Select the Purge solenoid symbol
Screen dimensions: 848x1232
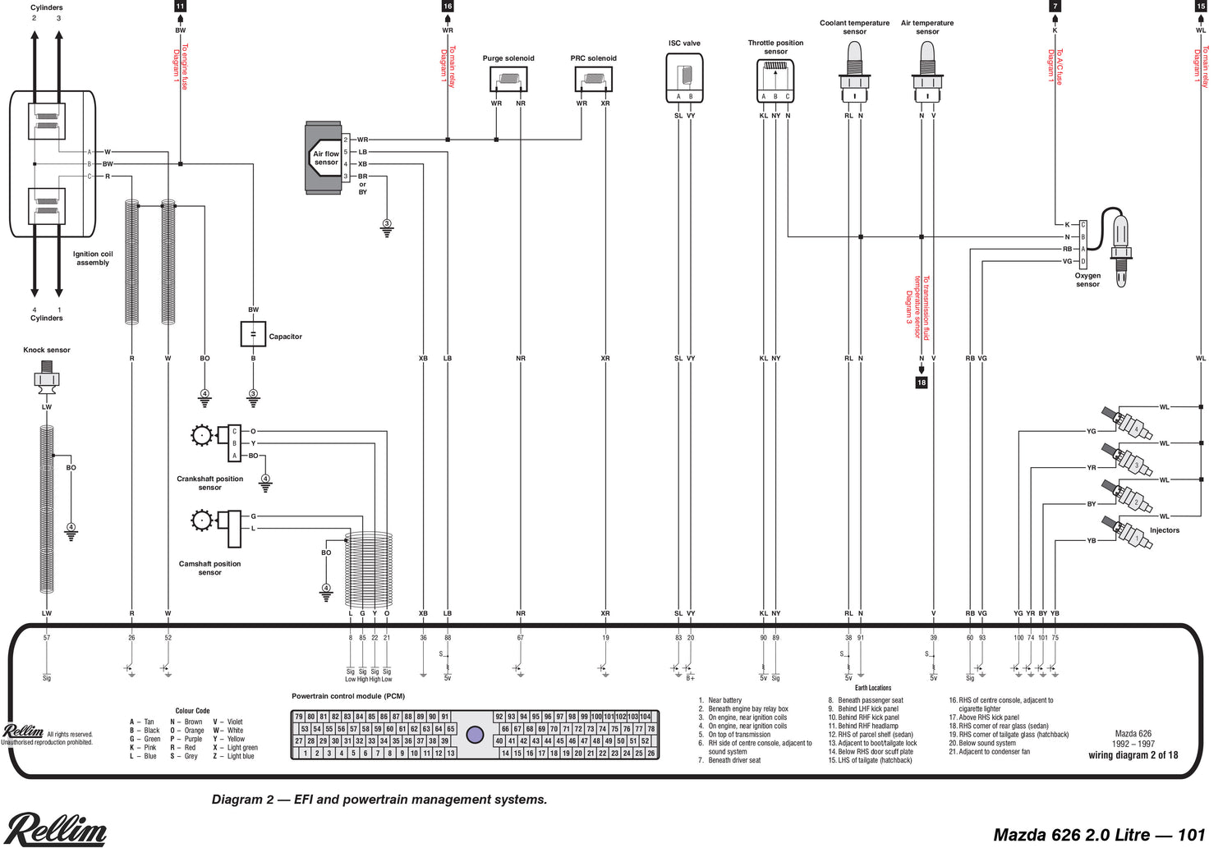point(508,80)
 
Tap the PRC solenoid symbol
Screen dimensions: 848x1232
point(593,80)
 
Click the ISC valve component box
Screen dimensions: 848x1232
point(684,78)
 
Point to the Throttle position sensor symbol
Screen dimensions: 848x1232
point(775,80)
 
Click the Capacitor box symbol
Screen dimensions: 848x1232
point(253,334)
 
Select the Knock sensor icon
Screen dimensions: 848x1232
point(46,381)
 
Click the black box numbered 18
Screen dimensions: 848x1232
point(922,383)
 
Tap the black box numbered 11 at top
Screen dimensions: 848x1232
point(180,6)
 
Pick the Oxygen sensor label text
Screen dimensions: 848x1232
point(1087,280)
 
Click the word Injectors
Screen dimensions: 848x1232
point(1164,530)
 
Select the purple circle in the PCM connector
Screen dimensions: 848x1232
point(475,734)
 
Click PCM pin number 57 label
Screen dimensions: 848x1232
point(47,638)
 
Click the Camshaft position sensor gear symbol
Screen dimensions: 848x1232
point(201,520)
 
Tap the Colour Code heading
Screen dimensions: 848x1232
point(192,711)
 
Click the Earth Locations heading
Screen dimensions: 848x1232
point(872,688)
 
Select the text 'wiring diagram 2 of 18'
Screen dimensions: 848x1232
point(1133,755)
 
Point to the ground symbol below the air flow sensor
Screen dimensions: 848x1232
point(387,227)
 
